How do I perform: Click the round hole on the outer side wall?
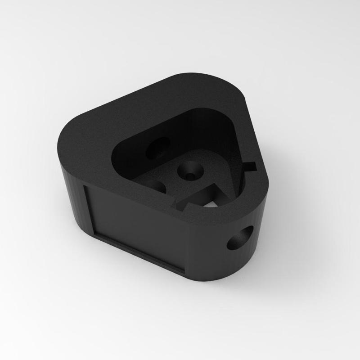click(x=240, y=238)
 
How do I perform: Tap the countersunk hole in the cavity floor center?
click(x=189, y=171)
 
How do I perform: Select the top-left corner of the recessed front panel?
click(x=86, y=186)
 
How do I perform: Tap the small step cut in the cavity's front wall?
click(x=180, y=205)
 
